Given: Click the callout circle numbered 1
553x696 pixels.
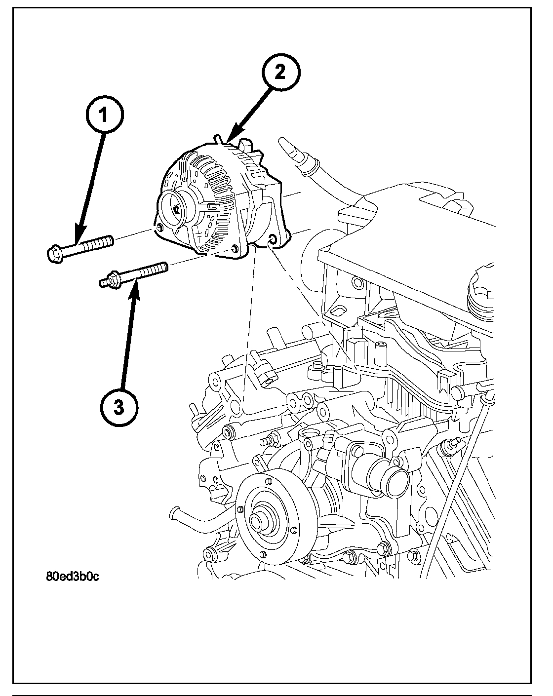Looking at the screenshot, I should tap(103, 116).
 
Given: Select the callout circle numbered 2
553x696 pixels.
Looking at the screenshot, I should tap(280, 73).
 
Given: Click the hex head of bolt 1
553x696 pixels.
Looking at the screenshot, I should tap(54, 254).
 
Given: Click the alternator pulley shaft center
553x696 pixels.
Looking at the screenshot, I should tap(176, 209).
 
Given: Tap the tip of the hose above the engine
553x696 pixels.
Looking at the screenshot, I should tap(285, 145).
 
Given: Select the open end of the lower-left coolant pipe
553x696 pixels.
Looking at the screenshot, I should tap(173, 512).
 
